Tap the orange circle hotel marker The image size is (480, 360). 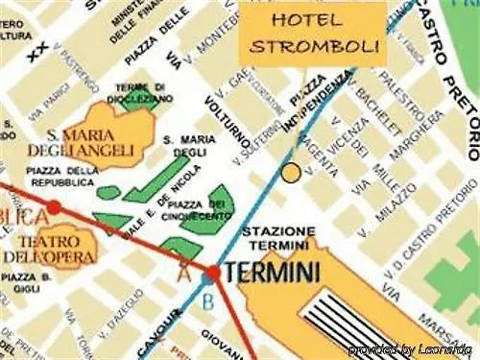click(x=292, y=173)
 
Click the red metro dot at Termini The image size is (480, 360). click(x=212, y=273)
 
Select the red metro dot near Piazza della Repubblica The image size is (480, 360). click(x=54, y=206)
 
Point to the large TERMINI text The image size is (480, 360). click(x=272, y=273)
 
